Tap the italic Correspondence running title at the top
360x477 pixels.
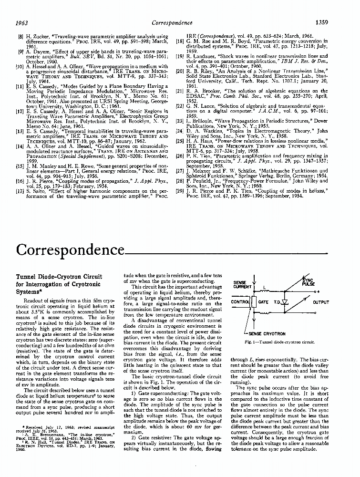pyautogui.click(x=171, y=22)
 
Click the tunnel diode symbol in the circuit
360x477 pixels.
pyautogui.click(x=285, y=302)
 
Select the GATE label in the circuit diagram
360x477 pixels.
pyautogui.click(x=263, y=302)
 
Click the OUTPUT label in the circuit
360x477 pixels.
pyautogui.click(x=320, y=302)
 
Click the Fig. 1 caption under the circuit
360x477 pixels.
pyautogui.click(x=279, y=342)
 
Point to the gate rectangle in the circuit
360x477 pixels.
pyautogui.click(x=263, y=302)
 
